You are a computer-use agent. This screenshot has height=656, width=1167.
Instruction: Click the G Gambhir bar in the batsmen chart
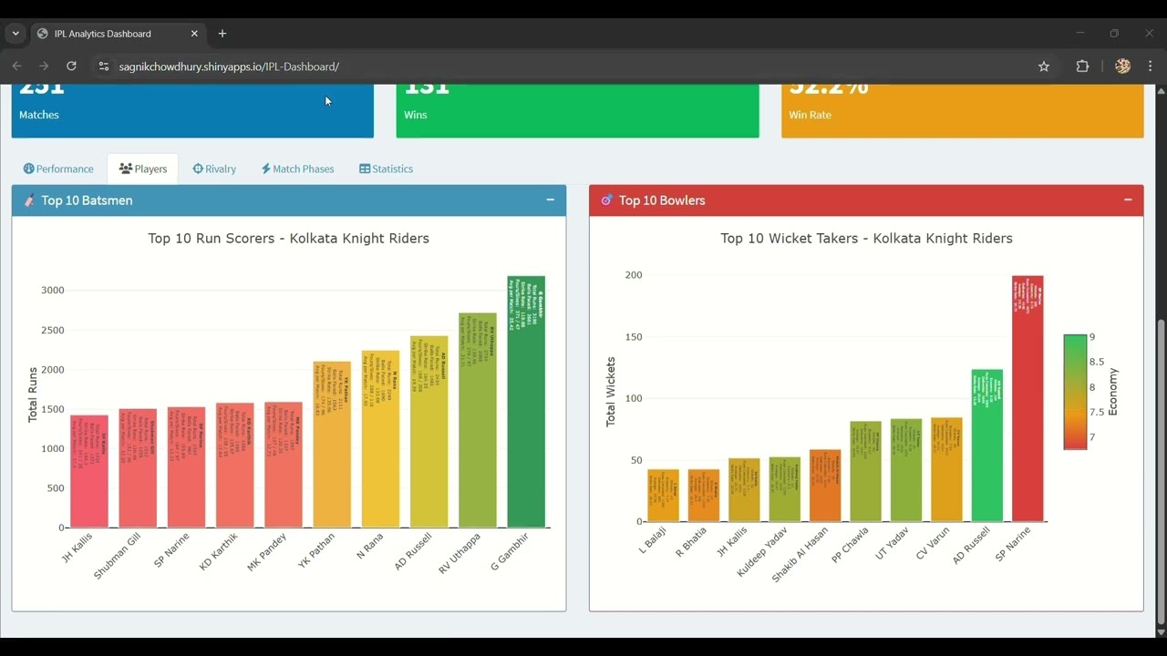pos(526,402)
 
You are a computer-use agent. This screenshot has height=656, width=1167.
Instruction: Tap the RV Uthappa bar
pos(478,420)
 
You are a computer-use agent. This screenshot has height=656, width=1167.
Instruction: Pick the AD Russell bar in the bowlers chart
pos(986,446)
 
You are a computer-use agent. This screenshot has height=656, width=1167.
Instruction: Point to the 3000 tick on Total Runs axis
pos(52,291)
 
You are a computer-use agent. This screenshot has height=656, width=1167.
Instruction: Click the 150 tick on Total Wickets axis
pos(633,337)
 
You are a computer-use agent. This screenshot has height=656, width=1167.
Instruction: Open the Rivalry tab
pos(214,169)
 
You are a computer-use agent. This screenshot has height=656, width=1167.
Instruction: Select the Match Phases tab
pos(297,169)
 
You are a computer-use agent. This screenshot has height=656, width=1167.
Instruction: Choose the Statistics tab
pos(386,169)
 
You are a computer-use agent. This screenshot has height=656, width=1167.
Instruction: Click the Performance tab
pos(58,169)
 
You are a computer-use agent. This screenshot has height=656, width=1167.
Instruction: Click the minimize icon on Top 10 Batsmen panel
pos(550,200)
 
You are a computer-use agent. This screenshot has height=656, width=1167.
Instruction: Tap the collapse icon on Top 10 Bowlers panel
pos(1128,200)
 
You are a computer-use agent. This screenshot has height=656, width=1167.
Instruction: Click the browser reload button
pos(71,67)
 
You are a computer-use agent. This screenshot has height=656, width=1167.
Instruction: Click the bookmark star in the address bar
pos(1044,67)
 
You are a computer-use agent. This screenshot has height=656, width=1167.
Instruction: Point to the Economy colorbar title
pos(1113,392)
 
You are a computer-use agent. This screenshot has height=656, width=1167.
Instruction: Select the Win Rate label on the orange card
pos(810,115)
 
